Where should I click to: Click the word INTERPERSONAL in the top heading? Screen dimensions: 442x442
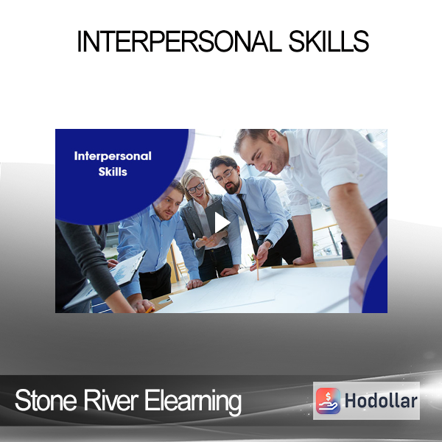point(179,41)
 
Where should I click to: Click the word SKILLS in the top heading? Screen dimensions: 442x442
point(329,41)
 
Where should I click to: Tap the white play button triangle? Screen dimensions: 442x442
point(222,222)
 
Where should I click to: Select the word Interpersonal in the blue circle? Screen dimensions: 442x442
point(113,156)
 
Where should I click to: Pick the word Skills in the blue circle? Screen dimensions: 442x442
point(113,172)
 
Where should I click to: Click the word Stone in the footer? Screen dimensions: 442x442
point(46,400)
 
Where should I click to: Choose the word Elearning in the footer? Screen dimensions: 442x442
point(193,402)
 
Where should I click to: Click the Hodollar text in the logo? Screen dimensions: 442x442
point(381,401)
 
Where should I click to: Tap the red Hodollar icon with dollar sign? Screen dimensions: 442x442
point(328,401)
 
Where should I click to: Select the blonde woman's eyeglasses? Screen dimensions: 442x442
point(196,188)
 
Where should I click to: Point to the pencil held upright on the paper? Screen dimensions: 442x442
point(257,269)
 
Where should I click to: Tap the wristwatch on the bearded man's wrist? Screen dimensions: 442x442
point(269,242)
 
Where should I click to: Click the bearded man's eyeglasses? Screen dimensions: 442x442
point(225,175)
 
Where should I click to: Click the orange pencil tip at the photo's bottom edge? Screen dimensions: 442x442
point(150,310)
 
